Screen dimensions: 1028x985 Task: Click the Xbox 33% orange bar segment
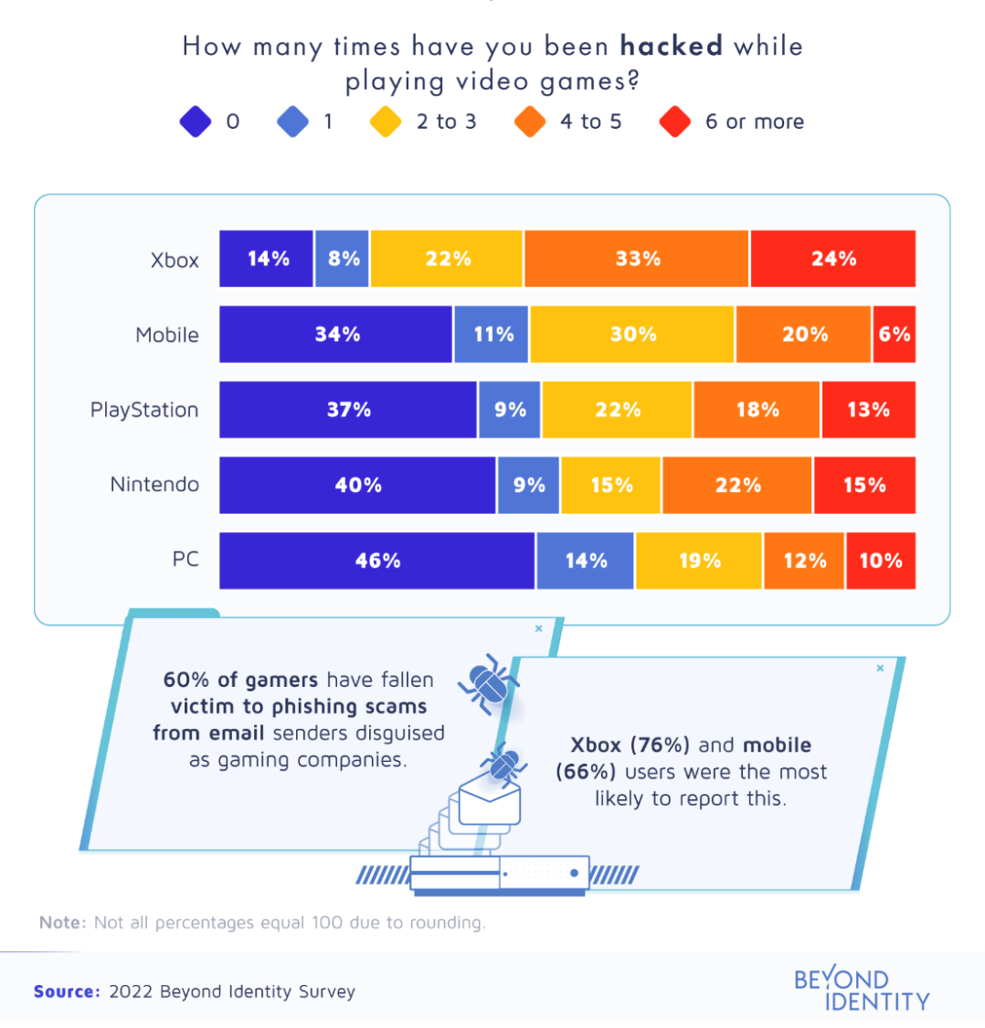pos(637,259)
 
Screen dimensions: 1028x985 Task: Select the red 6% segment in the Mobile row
pos(895,335)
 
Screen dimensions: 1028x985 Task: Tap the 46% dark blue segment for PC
pos(377,561)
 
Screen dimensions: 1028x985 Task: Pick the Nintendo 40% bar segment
pos(358,485)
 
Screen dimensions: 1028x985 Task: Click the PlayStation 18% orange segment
pos(757,410)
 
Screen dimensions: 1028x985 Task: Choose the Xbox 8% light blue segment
pos(343,259)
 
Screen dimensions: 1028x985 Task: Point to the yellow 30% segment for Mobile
pos(632,335)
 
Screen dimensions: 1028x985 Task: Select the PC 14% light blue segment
pos(586,561)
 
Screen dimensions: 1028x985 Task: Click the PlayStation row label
pos(144,410)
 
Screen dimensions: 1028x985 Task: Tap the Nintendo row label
pos(154,485)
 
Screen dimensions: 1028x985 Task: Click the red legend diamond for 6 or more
pos(674,123)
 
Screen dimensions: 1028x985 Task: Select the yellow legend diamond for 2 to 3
pos(387,123)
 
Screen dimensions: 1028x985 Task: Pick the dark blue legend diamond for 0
pos(196,123)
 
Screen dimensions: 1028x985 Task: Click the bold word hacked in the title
pos(672,47)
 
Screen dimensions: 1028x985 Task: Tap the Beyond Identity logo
pos(862,990)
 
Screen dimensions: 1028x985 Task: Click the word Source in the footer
pos(67,991)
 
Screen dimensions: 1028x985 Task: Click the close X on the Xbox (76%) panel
pos(880,669)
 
